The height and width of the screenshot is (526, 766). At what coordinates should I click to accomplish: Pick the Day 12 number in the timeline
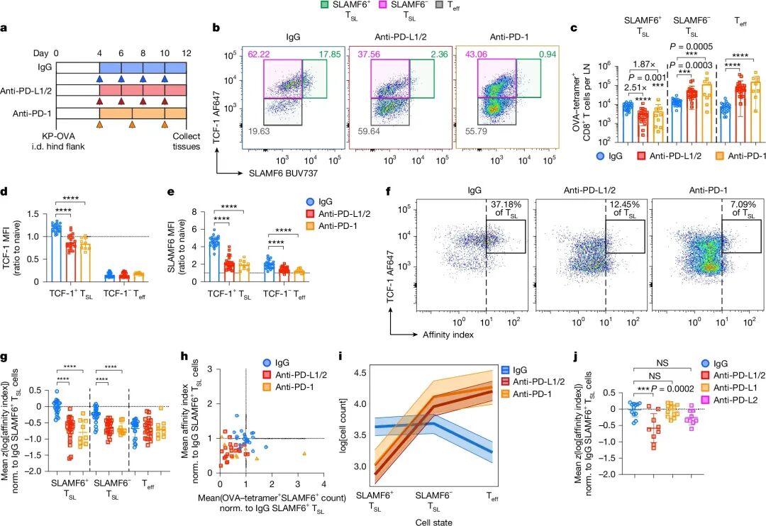click(x=186, y=53)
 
